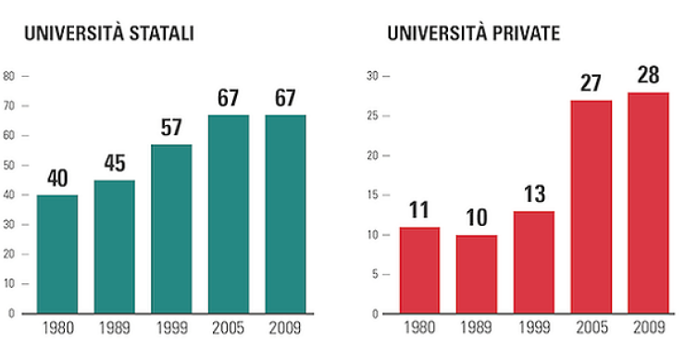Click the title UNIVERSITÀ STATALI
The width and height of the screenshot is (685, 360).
point(109,35)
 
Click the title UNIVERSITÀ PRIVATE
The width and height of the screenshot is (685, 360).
point(473,35)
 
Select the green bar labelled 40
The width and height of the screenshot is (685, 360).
point(57,254)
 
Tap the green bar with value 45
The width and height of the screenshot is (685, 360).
point(114,246)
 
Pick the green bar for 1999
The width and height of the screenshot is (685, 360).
point(171,229)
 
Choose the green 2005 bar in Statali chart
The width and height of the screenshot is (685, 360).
point(228,214)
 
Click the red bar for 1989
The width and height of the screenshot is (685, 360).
point(476,274)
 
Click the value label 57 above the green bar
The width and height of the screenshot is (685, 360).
point(171,128)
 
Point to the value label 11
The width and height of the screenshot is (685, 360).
point(419,209)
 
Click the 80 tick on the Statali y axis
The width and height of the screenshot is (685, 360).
point(10,76)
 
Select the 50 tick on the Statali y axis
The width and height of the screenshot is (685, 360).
point(10,165)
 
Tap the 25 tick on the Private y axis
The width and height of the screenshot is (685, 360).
point(373,116)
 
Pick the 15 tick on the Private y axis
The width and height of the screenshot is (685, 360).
point(373,195)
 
